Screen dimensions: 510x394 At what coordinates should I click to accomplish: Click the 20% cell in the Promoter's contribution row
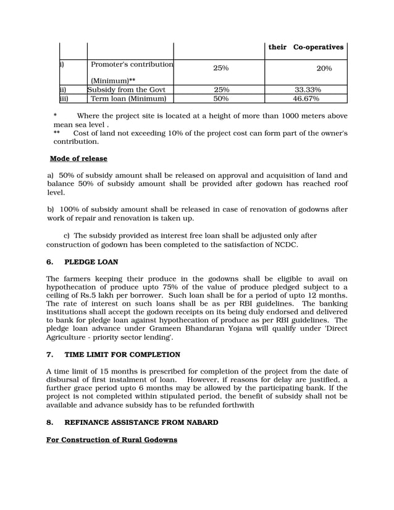[324, 69]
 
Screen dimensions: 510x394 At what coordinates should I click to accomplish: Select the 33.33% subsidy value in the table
[306, 90]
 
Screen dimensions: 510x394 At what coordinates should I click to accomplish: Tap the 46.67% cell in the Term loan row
[306, 98]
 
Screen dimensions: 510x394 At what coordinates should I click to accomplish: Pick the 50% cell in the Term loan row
[221, 98]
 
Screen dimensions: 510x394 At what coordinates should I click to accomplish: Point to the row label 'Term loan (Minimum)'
[128, 98]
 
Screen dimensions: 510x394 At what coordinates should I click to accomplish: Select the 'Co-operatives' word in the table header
[318, 47]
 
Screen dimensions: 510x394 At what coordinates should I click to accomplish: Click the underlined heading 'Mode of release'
[78, 159]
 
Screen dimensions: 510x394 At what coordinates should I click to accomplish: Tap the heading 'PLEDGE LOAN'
[91, 262]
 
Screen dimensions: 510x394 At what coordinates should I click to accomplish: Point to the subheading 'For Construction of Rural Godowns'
[112, 440]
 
